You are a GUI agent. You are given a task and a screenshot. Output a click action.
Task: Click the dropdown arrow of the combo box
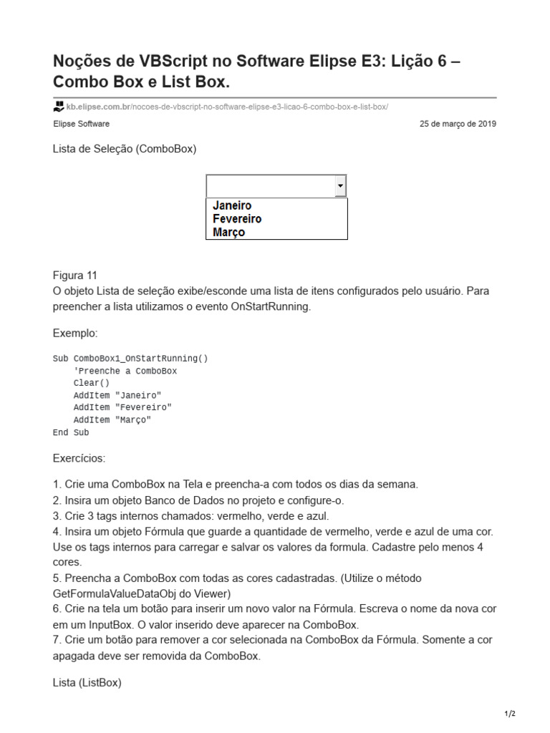pyautogui.click(x=340, y=186)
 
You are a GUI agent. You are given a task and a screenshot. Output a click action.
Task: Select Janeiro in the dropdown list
pyautogui.click(x=232, y=205)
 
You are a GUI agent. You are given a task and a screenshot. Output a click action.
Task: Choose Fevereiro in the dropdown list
pyautogui.click(x=237, y=219)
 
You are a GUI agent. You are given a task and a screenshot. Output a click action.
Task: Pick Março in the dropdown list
pyautogui.click(x=228, y=233)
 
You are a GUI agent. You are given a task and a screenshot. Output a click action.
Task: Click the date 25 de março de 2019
pyautogui.click(x=458, y=124)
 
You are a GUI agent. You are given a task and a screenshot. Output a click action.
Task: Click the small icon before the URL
pyautogui.click(x=59, y=107)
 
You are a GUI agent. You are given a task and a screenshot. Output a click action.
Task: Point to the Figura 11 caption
pyautogui.click(x=75, y=276)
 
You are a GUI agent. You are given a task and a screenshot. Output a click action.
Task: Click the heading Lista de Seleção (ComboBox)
pyautogui.click(x=125, y=149)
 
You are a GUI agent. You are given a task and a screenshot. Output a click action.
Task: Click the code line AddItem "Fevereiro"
pyautogui.click(x=122, y=407)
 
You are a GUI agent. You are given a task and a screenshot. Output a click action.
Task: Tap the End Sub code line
pyautogui.click(x=71, y=432)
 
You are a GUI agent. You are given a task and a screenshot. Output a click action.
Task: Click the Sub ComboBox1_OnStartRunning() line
pyautogui.click(x=130, y=358)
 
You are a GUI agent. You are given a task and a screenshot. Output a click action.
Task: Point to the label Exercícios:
pyautogui.click(x=79, y=457)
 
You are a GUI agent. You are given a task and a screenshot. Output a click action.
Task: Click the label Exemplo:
pyautogui.click(x=75, y=333)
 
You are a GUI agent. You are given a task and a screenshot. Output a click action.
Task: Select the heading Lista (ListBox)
pyautogui.click(x=87, y=683)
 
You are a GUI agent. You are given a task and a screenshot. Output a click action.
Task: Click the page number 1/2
pyautogui.click(x=510, y=714)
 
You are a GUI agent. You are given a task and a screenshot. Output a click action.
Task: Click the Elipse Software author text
pyautogui.click(x=81, y=124)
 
